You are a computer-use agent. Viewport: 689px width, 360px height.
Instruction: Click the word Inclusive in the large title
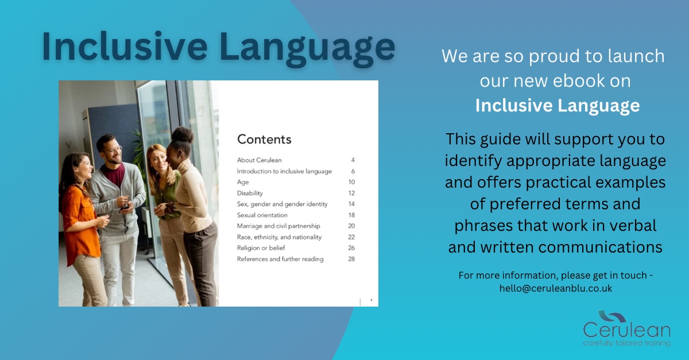(x=124, y=46)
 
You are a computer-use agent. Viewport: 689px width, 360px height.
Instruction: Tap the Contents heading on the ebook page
(x=264, y=140)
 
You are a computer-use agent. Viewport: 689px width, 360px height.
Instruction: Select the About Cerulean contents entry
(x=260, y=160)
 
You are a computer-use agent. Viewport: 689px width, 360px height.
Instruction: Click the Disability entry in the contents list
(x=250, y=193)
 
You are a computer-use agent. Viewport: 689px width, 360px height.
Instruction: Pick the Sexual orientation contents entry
(x=262, y=215)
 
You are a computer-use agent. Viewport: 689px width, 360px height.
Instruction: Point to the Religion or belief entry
(x=261, y=248)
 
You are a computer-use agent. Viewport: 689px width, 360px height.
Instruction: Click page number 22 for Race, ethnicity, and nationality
(x=351, y=237)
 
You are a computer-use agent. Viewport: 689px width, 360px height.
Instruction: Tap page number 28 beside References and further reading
(x=351, y=259)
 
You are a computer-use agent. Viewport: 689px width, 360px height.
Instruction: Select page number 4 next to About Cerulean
(x=353, y=160)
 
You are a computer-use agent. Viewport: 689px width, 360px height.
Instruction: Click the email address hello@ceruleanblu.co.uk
(x=556, y=288)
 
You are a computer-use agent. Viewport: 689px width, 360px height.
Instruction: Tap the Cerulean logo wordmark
(x=626, y=330)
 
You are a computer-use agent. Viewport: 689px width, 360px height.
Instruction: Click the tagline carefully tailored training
(x=626, y=343)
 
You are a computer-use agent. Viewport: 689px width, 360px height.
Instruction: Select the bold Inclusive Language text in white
(x=558, y=106)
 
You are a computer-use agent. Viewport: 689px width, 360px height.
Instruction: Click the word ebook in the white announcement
(x=574, y=80)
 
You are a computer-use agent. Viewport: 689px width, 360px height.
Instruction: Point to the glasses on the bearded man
(x=113, y=150)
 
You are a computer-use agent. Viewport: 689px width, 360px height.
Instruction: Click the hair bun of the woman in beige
(x=182, y=135)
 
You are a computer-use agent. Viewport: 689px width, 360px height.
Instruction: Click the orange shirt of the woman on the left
(x=80, y=221)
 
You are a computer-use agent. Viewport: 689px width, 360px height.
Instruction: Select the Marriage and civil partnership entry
(x=278, y=226)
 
